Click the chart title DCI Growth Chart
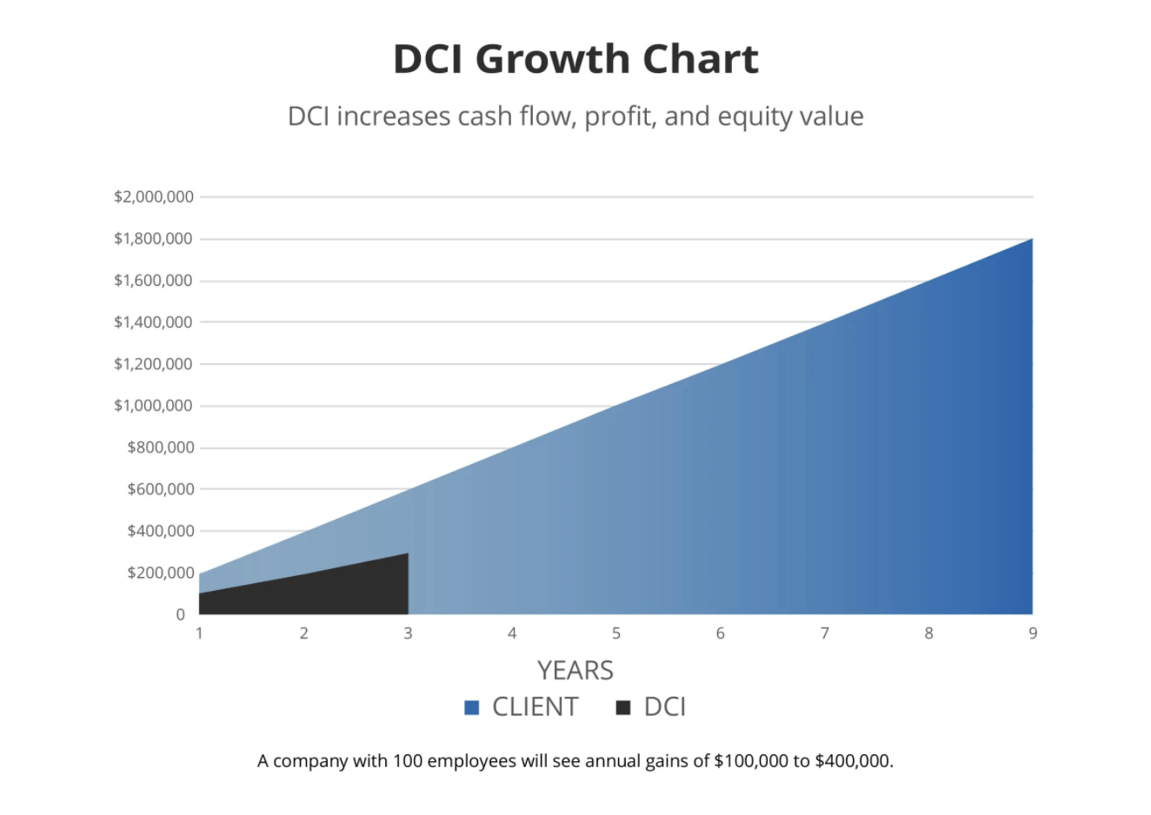(575, 59)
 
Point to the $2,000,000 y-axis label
(153, 197)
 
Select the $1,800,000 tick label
(153, 239)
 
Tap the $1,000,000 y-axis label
(153, 406)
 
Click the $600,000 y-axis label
(160, 489)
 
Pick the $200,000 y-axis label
(160, 573)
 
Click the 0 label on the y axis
(181, 614)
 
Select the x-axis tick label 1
(199, 633)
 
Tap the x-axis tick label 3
(408, 633)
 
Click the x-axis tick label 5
(616, 633)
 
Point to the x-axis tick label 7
(824, 633)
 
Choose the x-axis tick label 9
(1033, 633)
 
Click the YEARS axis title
(575, 671)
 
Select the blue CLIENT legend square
(472, 707)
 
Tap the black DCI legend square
(622, 707)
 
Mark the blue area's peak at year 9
(1031, 240)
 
